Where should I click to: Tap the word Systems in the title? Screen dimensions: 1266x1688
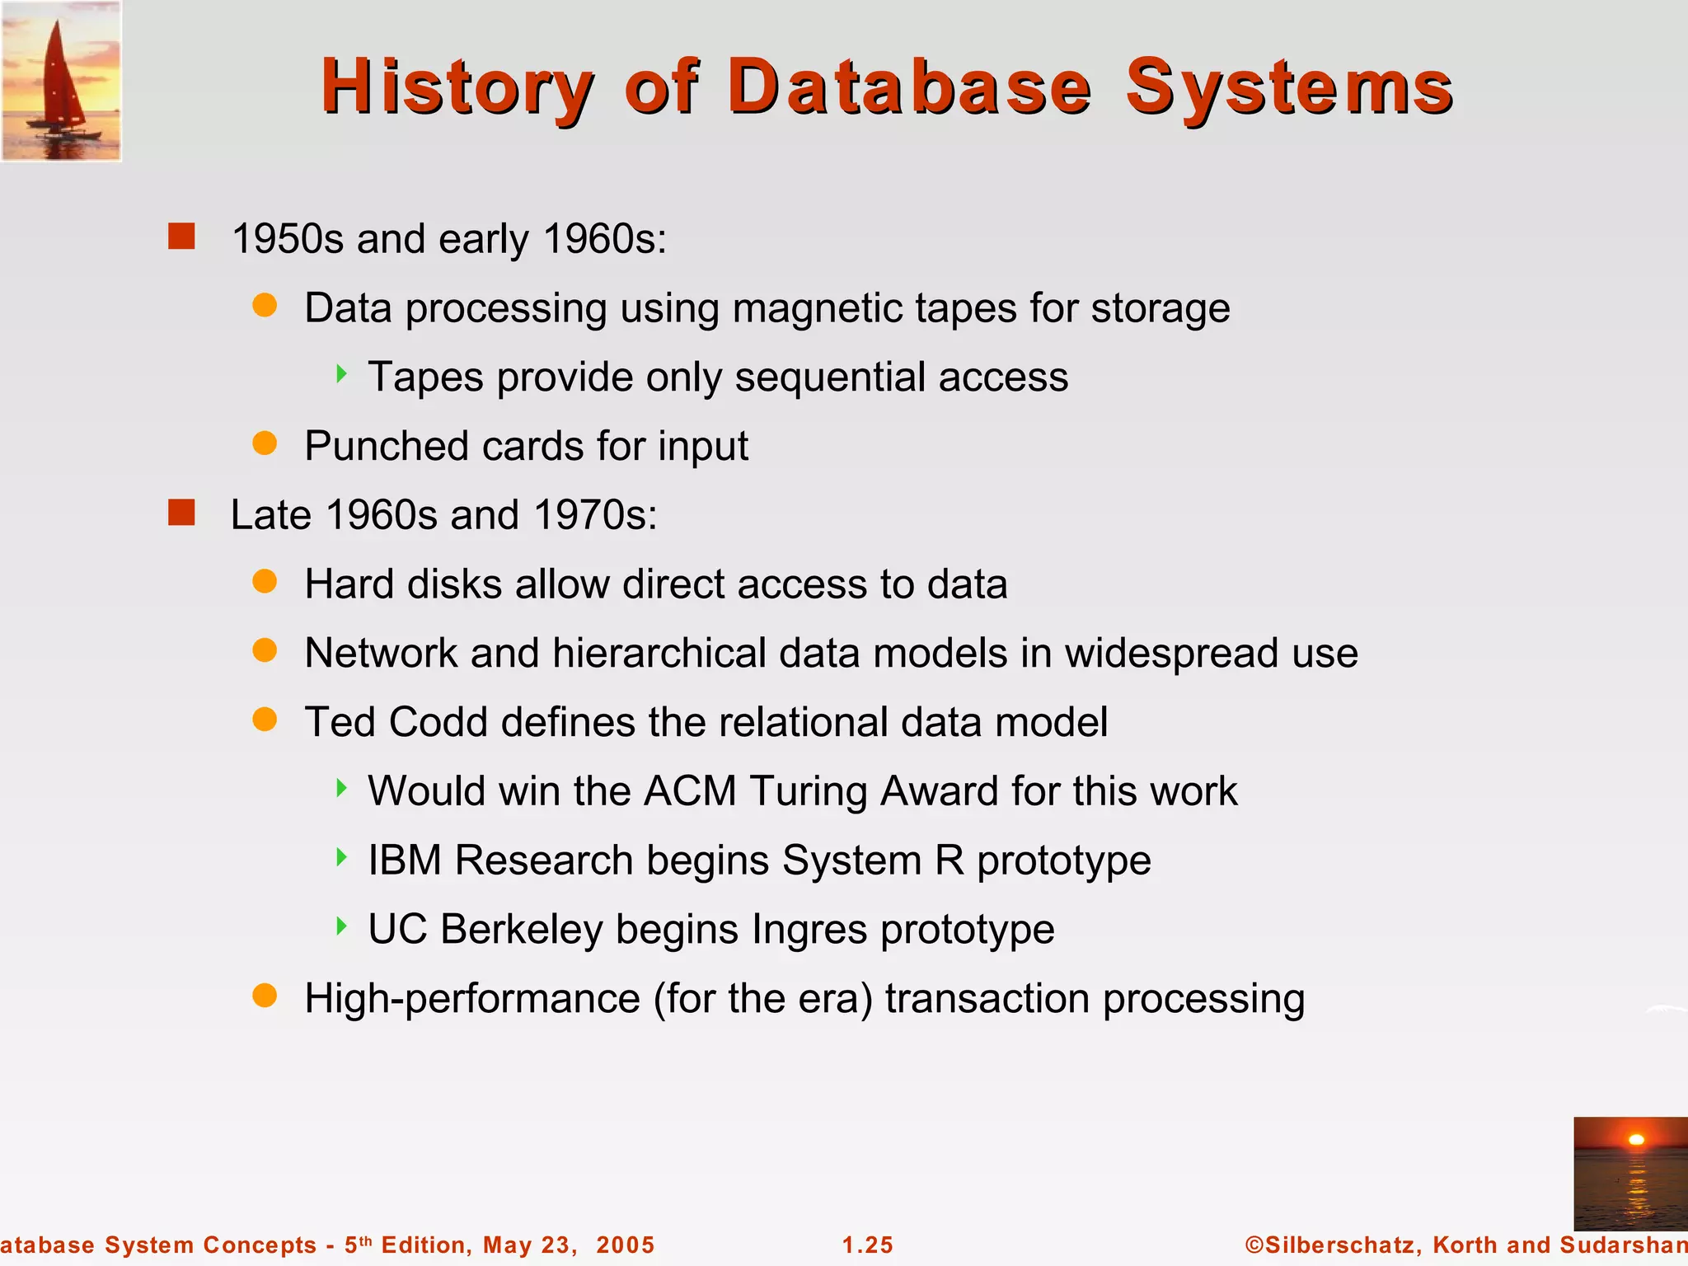pyautogui.click(x=1288, y=87)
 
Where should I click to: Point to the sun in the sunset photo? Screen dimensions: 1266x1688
pyautogui.click(x=1636, y=1140)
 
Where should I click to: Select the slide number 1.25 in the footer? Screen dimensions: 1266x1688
pyautogui.click(x=868, y=1245)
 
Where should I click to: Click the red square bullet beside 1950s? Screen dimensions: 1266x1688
pyautogui.click(x=181, y=237)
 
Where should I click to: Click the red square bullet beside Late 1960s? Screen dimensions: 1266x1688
pyautogui.click(x=181, y=513)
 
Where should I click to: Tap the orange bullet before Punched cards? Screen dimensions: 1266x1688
pyautogui.click(x=265, y=443)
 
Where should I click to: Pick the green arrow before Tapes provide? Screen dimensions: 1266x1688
pyautogui.click(x=341, y=375)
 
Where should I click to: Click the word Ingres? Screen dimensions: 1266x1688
pyautogui.click(x=809, y=930)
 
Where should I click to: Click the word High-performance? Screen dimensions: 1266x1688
pyautogui.click(x=471, y=999)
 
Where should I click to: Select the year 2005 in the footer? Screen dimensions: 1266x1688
pyautogui.click(x=625, y=1245)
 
